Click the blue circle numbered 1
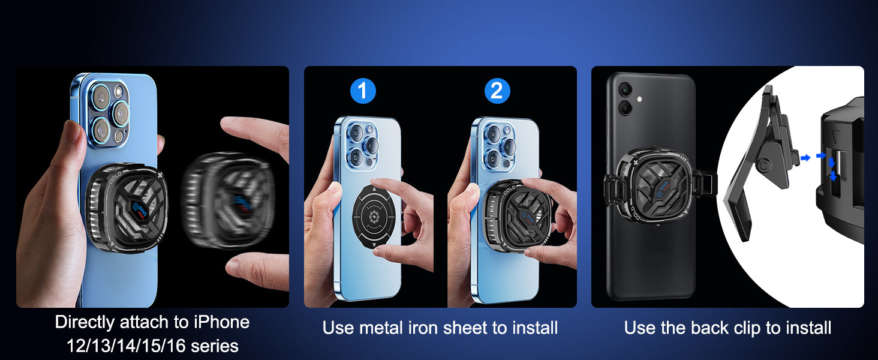coord(363,91)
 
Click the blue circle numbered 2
coord(497,91)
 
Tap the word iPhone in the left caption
coord(221,322)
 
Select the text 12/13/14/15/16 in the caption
coord(126,346)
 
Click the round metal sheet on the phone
coord(374,216)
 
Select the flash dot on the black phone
coord(639,99)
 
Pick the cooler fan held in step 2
coord(518,215)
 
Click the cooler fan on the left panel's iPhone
coord(126,208)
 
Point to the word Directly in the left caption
coord(85,322)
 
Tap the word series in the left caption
coord(215,346)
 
